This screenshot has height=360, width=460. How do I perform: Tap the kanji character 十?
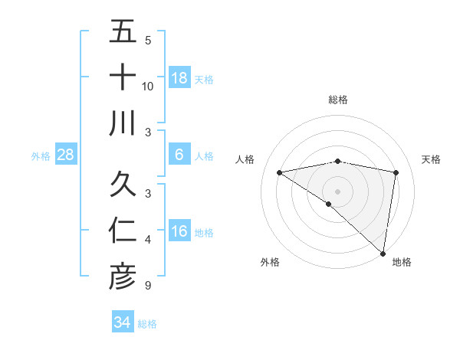123,77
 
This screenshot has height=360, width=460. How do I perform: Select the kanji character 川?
123,123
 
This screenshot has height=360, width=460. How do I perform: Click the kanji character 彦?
123,277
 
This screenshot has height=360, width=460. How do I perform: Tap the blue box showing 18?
179,77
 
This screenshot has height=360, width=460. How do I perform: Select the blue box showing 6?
179,155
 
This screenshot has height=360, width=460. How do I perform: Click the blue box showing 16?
179,232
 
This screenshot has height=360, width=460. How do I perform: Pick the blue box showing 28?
66,155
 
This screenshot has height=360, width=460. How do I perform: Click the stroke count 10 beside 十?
148,86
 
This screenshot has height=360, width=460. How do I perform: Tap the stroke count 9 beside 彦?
147,286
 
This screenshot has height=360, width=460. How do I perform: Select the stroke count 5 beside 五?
147,40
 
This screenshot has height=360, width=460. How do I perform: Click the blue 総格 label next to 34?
147,324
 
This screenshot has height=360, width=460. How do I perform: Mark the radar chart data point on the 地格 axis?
382,252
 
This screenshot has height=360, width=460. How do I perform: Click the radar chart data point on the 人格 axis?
279,172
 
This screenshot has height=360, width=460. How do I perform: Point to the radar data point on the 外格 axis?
328,204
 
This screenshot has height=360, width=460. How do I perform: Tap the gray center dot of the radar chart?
337,190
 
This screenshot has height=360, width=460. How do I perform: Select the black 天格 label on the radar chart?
431,159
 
